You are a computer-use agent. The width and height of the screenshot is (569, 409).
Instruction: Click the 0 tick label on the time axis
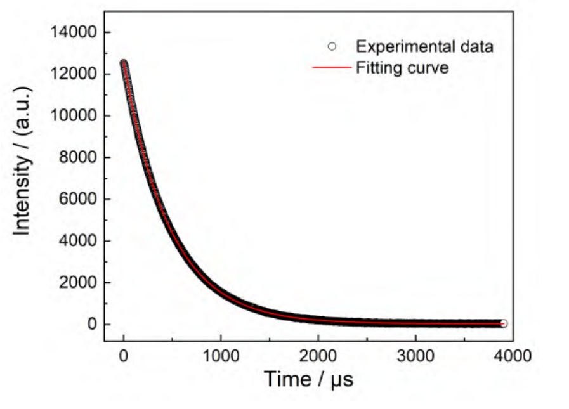pyautogui.click(x=123, y=356)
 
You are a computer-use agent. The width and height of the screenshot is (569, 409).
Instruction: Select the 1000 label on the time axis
pyautogui.click(x=220, y=356)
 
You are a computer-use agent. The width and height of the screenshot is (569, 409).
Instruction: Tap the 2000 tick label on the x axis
pyautogui.click(x=318, y=356)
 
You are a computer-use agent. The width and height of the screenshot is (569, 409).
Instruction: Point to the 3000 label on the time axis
pyautogui.click(x=415, y=356)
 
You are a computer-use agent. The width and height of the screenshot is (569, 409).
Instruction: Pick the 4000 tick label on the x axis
pyautogui.click(x=513, y=356)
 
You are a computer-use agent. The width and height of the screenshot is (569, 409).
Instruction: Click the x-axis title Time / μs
pyautogui.click(x=308, y=379)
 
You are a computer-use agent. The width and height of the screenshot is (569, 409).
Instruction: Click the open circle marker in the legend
pyautogui.click(x=331, y=47)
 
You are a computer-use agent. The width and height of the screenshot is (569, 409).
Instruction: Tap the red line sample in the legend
pyautogui.click(x=331, y=67)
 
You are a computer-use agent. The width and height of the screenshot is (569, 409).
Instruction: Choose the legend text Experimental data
pyautogui.click(x=424, y=47)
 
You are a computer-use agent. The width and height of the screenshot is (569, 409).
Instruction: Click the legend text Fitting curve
pyautogui.click(x=402, y=67)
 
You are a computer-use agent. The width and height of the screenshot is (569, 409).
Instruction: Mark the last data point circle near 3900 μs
pyautogui.click(x=503, y=323)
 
